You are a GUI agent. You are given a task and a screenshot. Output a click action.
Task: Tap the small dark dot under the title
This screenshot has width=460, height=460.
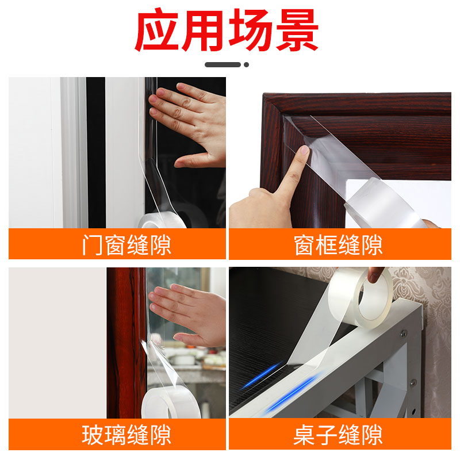point(247,64)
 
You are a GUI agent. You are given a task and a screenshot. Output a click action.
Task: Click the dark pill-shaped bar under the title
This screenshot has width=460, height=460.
point(223,64)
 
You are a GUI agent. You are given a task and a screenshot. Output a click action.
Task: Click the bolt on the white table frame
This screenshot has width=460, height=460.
point(405,333)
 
